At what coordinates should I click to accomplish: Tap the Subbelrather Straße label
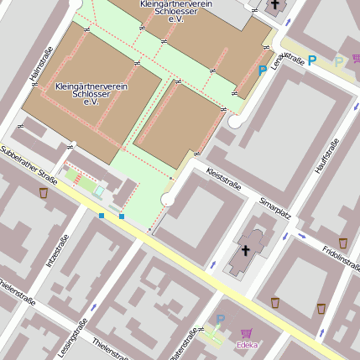29,165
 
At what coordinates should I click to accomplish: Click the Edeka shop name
248,344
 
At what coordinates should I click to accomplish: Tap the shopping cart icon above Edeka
247,333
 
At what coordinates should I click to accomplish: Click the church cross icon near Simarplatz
246,250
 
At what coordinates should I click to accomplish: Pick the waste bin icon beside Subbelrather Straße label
43,193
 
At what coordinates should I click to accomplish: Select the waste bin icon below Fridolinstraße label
321,308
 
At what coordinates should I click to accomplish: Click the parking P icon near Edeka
221,320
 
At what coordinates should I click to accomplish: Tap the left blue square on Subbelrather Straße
102,216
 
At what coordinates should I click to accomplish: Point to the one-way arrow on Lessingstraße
92,306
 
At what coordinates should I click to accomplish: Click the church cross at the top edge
274,5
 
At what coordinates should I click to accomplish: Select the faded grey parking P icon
339,60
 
